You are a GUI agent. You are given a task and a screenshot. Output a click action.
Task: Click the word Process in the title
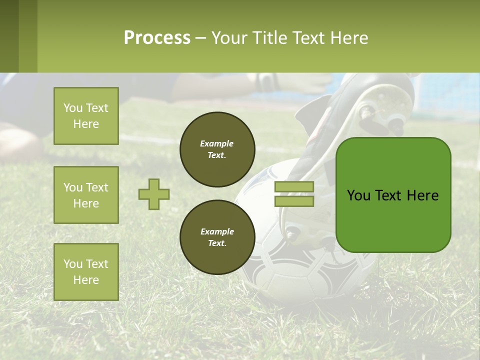tap(157, 37)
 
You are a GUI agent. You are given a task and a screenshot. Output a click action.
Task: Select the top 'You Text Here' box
tap(86, 116)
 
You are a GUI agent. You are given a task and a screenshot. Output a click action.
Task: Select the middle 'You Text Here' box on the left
tap(86, 195)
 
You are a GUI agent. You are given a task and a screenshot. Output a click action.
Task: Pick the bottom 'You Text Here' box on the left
tap(86, 271)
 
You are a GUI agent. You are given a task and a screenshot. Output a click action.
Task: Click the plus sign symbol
tap(154, 194)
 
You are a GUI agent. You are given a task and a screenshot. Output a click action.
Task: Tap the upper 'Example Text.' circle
tap(217, 149)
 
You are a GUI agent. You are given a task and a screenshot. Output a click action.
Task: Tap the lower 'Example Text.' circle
tap(217, 237)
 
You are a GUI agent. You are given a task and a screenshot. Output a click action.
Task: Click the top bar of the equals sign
tap(294, 186)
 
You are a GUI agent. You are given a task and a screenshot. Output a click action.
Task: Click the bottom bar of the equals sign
tap(294, 201)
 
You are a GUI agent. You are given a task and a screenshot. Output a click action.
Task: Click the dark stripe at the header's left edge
tap(9, 36)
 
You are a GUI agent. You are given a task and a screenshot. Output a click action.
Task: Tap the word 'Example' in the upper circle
tap(216, 143)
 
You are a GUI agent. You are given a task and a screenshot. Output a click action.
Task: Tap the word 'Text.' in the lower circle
tap(217, 243)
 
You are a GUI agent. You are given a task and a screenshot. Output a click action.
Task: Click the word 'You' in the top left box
tap(73, 108)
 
